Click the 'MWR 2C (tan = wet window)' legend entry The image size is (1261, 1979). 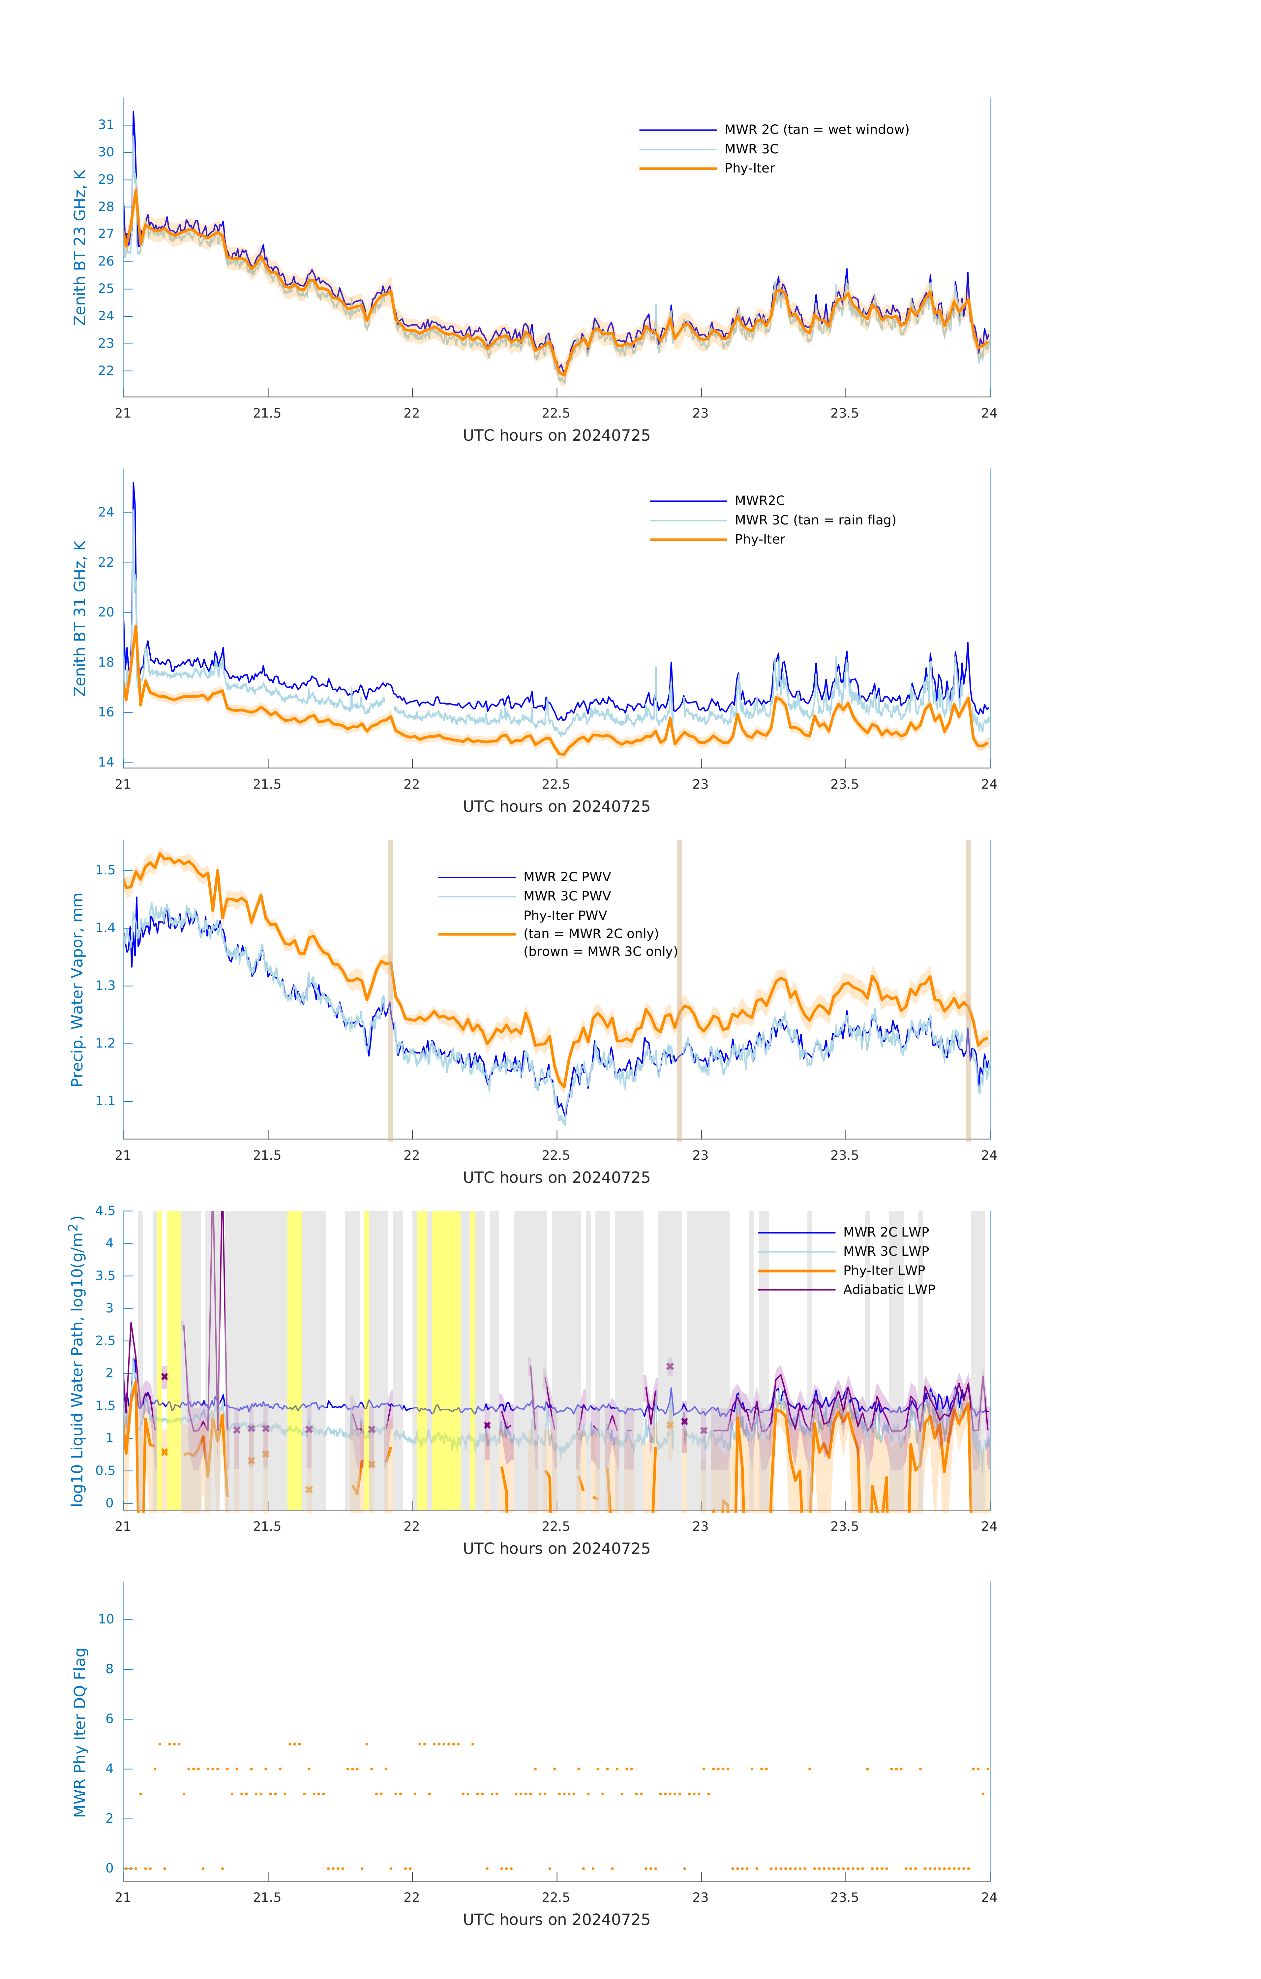tap(816, 130)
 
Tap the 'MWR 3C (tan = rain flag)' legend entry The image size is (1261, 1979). tap(814, 520)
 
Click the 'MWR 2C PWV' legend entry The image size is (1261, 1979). tap(567, 877)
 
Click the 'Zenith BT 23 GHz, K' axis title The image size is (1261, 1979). tap(80, 247)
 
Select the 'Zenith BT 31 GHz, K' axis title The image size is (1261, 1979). tap(80, 618)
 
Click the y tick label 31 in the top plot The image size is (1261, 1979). tap(106, 125)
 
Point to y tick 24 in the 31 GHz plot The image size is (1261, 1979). tap(106, 512)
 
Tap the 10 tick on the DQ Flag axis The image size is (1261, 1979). tap(106, 1619)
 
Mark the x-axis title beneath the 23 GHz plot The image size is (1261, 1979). tap(556, 436)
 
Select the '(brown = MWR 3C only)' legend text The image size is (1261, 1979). tap(601, 952)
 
